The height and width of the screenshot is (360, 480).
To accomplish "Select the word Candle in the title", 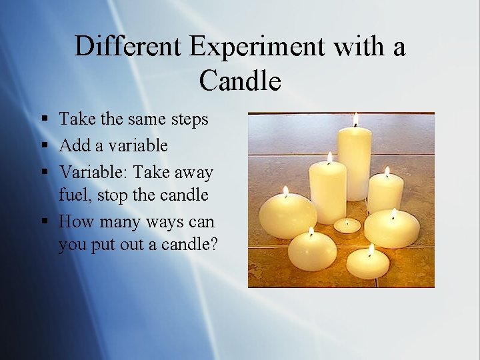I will coord(240,81).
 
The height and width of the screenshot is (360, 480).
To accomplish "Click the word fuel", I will coord(74,195).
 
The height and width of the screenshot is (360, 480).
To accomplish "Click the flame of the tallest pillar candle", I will coord(355,119).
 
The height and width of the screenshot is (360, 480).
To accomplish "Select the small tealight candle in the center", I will coord(347,226).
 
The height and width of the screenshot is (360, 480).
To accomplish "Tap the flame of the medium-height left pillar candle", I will coord(329,157).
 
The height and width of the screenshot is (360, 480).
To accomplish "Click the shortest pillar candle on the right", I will coord(386,193).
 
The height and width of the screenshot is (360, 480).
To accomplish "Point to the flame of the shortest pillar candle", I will coord(387,172).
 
